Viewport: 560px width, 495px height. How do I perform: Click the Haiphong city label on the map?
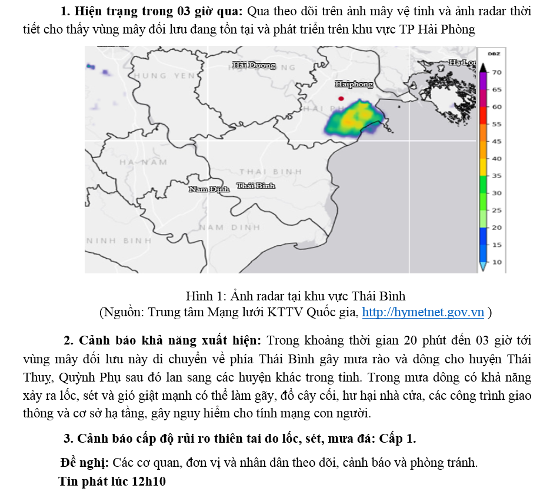pos(354,85)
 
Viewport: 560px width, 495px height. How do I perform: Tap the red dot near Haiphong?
pos(341,98)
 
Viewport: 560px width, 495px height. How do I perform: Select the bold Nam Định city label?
pos(209,189)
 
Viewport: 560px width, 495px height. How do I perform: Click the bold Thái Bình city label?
pos(256,186)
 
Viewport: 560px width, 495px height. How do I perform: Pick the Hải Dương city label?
pos(254,65)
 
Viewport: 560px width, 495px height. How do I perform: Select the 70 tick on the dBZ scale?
pos(496,72)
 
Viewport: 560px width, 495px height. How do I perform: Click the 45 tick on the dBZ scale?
pos(496,141)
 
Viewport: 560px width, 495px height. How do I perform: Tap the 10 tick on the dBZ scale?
pos(496,262)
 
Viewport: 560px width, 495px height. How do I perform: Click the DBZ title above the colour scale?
pos(494,53)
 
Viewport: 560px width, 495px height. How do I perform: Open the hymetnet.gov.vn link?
pos(423,312)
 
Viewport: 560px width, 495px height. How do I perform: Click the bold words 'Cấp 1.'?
pos(398,438)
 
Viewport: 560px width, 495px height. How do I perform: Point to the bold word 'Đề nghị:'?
pos(85,462)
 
